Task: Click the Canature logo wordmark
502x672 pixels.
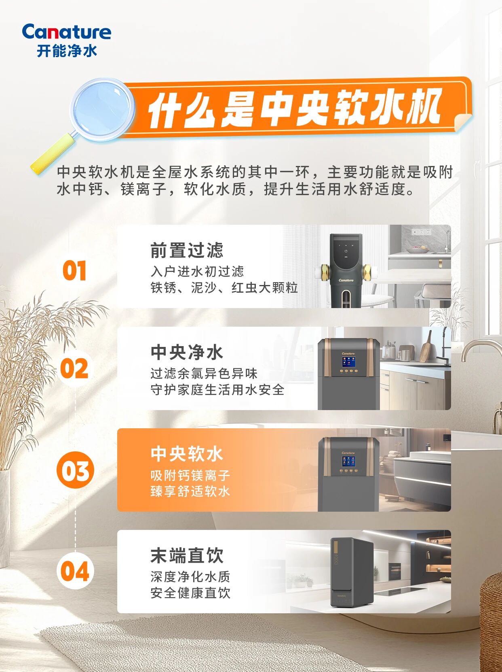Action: point(67,32)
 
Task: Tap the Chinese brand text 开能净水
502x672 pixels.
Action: point(67,51)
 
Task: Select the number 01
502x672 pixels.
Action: point(74,271)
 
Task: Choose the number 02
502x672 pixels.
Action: point(74,369)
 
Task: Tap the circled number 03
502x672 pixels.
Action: point(75,470)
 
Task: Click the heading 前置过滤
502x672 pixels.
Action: point(187,250)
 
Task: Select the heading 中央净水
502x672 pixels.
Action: point(187,352)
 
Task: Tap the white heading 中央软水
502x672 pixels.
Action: point(187,454)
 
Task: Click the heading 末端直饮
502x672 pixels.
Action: point(187,556)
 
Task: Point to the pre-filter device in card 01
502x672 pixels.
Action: point(346,271)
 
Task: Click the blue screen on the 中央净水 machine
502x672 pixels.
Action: point(348,362)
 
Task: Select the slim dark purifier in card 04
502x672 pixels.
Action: point(352,572)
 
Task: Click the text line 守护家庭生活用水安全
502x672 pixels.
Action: point(217,390)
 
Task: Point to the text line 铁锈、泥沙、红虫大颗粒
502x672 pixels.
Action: point(224,288)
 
